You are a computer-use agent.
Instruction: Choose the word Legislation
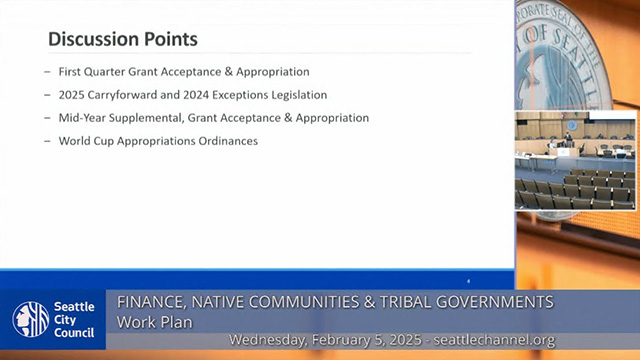(x=300, y=95)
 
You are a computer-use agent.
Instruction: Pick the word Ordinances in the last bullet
(x=228, y=141)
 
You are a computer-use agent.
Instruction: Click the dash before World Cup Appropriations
(x=47, y=141)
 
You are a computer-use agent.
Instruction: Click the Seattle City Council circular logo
(x=30, y=319)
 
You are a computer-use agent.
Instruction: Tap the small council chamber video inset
(x=574, y=161)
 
